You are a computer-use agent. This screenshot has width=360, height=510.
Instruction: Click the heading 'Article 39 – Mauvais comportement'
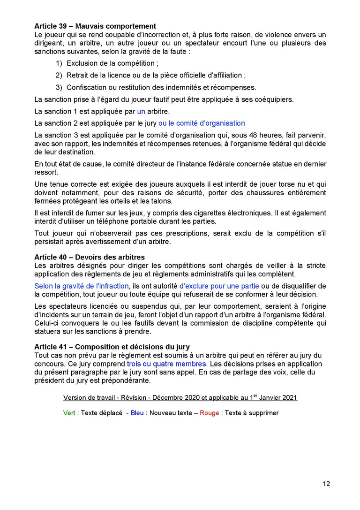95,26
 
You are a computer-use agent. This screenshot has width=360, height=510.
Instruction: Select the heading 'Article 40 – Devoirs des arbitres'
90,257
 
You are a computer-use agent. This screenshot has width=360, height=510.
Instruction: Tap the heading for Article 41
112,347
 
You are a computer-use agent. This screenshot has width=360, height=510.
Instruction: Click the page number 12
326,484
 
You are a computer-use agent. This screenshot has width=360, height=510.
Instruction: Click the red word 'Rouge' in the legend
209,413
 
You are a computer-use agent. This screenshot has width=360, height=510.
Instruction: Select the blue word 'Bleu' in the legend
137,413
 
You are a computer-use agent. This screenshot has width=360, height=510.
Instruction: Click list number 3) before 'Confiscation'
59,87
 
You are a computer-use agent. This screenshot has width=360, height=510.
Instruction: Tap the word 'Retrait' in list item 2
78,75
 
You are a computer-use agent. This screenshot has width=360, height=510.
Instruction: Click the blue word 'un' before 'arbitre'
141,112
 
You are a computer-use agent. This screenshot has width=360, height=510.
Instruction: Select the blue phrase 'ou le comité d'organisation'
202,123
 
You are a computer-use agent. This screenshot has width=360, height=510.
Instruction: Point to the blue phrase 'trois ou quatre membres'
166,364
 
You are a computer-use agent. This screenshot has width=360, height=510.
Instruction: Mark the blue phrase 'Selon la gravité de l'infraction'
81,286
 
